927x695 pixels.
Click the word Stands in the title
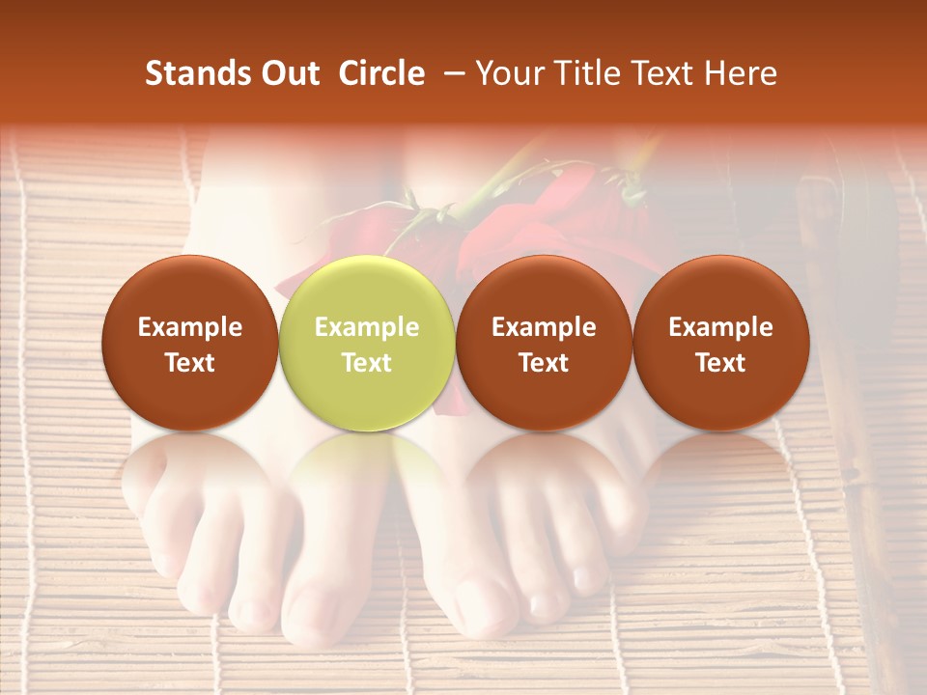point(196,73)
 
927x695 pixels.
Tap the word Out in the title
point(289,73)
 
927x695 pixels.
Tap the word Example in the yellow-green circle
point(366,327)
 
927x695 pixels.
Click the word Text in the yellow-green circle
point(366,363)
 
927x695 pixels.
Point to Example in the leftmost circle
point(189,327)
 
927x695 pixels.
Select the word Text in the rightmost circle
point(720,363)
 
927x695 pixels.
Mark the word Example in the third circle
point(544,327)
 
